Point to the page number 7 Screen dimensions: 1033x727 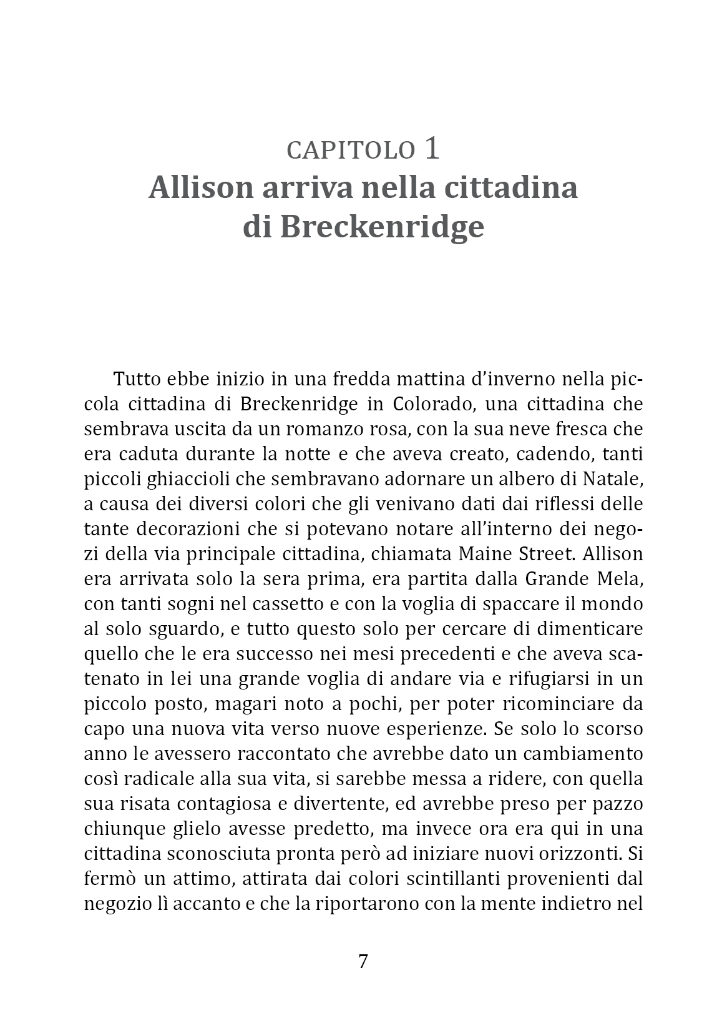[363, 961]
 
